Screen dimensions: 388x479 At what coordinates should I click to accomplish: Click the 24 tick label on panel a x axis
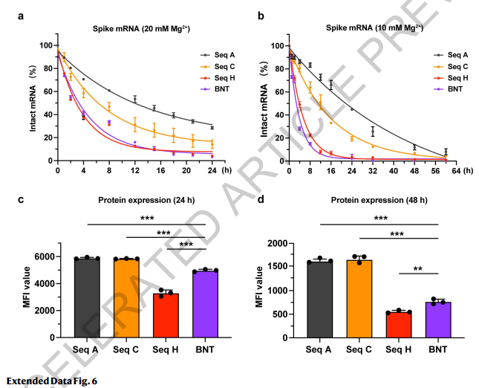(x=212, y=170)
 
